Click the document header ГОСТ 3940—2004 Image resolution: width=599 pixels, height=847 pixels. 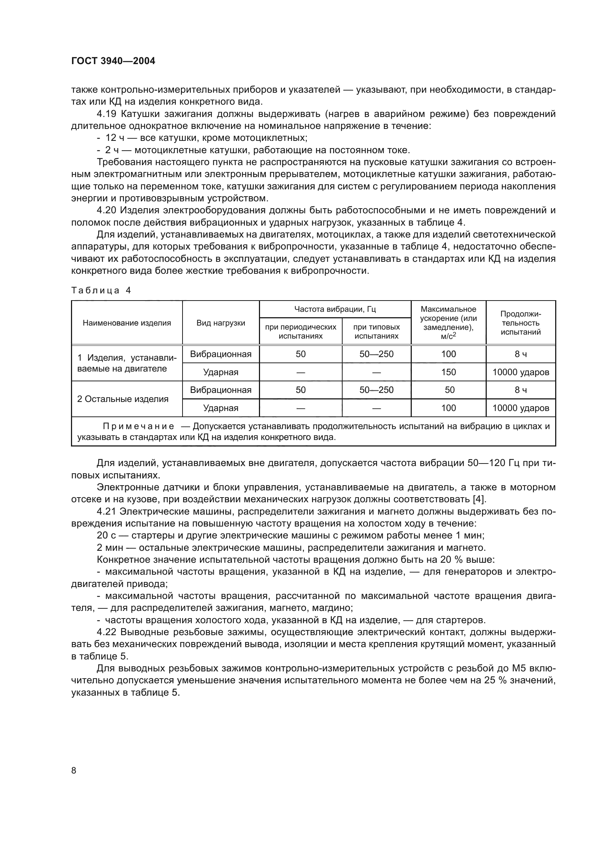click(113, 61)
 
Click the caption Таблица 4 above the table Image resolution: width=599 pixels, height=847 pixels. click(101, 290)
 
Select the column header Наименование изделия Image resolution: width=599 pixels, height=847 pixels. click(127, 323)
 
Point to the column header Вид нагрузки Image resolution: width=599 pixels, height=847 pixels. click(221, 323)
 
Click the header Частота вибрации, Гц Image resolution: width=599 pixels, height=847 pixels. click(335, 309)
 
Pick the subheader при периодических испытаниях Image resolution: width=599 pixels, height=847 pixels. click(301, 331)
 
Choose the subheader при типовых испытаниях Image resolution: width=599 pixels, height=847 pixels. click(376, 331)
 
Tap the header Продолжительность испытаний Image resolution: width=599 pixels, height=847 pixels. click(520, 323)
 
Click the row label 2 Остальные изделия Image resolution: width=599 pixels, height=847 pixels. click(123, 399)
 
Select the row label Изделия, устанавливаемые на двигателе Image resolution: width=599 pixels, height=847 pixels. click(127, 363)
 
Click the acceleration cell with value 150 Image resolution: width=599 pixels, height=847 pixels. click(448, 372)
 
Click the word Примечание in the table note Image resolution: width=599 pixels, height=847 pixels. click(138, 427)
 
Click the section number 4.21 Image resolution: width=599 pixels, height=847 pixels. click(106, 511)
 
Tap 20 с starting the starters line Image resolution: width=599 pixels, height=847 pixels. click(106, 535)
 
